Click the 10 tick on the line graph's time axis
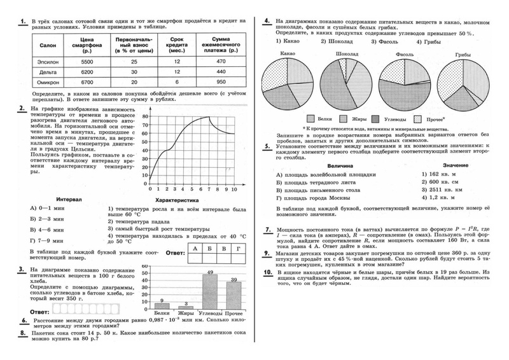234,190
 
